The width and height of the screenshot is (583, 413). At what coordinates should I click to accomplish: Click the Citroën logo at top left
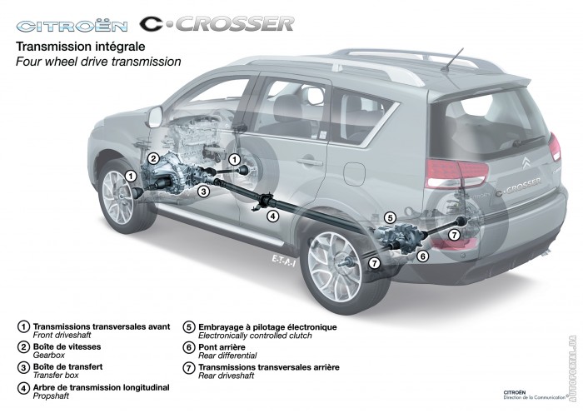point(72,26)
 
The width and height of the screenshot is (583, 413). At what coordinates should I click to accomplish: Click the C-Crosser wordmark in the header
point(217,24)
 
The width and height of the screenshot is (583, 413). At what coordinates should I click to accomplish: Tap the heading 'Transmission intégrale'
point(80,47)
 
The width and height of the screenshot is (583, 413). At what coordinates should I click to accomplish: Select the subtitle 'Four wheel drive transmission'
point(98,62)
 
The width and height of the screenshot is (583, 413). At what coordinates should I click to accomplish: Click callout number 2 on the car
point(153,159)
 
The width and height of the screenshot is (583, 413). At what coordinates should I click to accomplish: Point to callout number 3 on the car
point(203,192)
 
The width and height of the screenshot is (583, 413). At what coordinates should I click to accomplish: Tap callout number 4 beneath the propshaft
point(273,216)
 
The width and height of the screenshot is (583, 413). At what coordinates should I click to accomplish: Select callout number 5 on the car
point(389,217)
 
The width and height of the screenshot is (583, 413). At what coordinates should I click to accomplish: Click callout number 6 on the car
point(422,256)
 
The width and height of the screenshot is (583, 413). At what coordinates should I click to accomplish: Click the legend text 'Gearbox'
point(48,356)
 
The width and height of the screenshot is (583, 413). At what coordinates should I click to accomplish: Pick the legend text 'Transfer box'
point(56,376)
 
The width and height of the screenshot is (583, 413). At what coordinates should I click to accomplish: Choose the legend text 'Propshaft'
point(51,396)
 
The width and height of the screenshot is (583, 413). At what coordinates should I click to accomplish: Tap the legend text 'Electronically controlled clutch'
point(255,336)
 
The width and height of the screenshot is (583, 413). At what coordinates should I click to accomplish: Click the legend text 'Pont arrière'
point(222,347)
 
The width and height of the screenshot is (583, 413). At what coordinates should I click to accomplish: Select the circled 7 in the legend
point(189,368)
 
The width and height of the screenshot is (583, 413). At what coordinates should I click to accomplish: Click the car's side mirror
point(156,117)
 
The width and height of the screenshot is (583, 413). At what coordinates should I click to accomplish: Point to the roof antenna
point(452,59)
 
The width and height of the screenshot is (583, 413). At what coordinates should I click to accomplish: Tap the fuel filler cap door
point(354,174)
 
